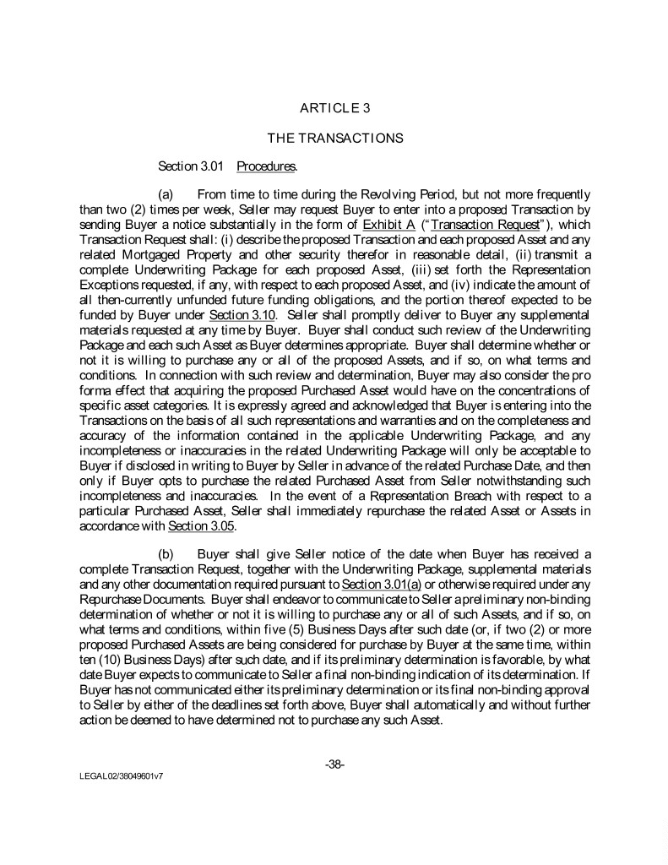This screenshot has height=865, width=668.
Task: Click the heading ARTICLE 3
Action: pyautogui.click(x=335, y=107)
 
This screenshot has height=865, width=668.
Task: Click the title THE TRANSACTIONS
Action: pyautogui.click(x=335, y=137)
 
